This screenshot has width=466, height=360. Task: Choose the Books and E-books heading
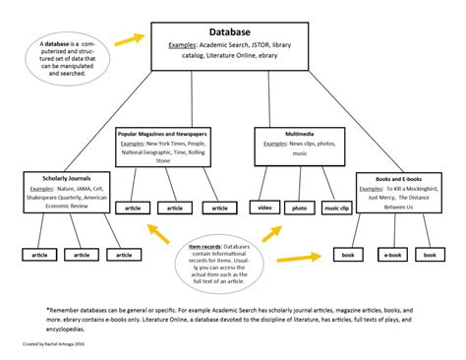click(397, 177)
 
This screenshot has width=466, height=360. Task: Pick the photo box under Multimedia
click(300, 208)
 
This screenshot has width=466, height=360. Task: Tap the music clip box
click(336, 208)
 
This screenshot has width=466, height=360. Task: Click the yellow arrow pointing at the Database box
click(127, 40)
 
